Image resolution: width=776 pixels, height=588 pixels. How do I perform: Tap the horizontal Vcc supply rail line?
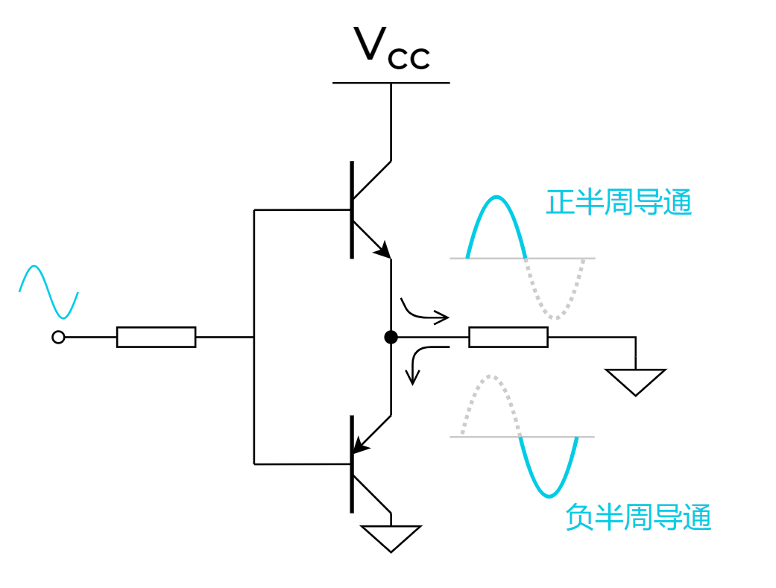(x=391, y=82)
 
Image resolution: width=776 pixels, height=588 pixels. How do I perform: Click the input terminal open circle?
(x=58, y=338)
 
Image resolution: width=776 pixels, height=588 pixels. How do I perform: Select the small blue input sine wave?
(x=48, y=291)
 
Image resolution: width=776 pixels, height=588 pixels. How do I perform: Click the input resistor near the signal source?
(x=156, y=338)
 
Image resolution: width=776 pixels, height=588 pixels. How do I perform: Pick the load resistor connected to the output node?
(x=508, y=338)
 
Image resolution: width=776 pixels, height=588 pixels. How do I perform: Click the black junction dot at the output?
(x=391, y=338)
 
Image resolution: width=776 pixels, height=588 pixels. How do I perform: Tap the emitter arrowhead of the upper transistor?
(x=382, y=250)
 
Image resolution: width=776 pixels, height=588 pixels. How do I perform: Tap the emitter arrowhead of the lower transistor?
(x=361, y=446)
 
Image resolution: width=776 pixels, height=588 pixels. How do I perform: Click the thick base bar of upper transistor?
(x=352, y=210)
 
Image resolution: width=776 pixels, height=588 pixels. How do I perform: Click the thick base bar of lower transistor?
(x=352, y=464)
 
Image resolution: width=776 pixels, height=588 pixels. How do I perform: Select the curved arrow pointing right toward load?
(x=425, y=314)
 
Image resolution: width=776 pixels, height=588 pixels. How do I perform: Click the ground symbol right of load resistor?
(x=635, y=381)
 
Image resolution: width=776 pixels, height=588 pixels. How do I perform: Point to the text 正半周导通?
(x=619, y=203)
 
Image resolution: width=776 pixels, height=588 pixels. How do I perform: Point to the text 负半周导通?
(x=638, y=517)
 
